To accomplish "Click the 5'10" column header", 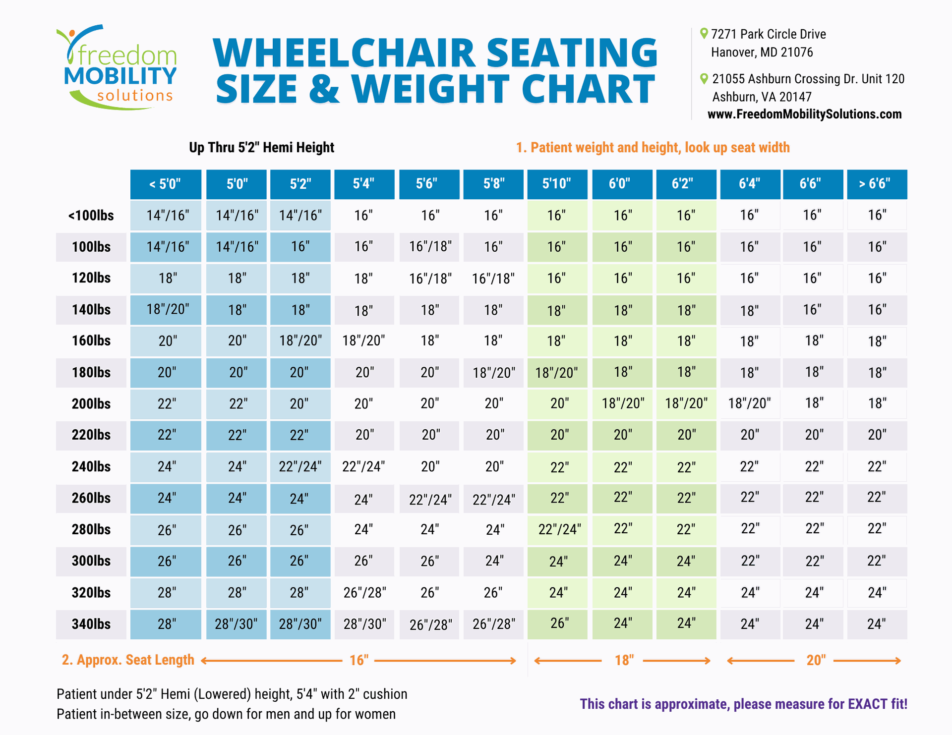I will click(x=557, y=184).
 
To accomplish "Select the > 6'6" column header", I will click(x=876, y=184).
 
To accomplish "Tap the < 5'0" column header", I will click(x=166, y=184).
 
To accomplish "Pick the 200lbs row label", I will click(x=91, y=404).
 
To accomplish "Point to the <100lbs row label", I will click(x=91, y=216).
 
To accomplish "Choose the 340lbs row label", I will click(x=91, y=624).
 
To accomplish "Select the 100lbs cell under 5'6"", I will click(x=430, y=247).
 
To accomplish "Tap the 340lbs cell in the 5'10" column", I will click(x=557, y=623).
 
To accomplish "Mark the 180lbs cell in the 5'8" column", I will click(x=494, y=373).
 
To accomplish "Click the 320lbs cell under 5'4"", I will click(x=364, y=593).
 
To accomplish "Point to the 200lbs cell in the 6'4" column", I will click(x=749, y=403).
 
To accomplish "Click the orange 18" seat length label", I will click(x=624, y=660).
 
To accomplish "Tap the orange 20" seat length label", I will click(x=816, y=660).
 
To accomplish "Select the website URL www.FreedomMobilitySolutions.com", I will click(x=804, y=114).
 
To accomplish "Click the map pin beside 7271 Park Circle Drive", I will click(x=704, y=34).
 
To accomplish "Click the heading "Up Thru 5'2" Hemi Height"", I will click(x=261, y=148).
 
